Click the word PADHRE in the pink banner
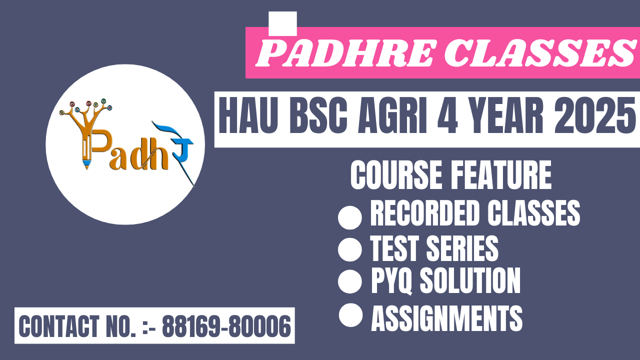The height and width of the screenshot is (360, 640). click(x=345, y=53)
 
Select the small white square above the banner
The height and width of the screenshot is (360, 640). click(x=282, y=23)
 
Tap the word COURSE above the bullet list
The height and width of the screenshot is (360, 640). click(x=396, y=175)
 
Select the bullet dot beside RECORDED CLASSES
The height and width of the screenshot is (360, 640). click(x=349, y=217)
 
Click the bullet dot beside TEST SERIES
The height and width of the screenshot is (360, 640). click(x=349, y=249)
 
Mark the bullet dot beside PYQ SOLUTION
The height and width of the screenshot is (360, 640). click(x=349, y=281)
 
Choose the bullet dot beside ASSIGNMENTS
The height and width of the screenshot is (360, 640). click(x=350, y=315)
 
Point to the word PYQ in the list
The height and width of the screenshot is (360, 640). click(x=391, y=280)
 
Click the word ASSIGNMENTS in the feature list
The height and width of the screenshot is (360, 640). click(x=447, y=318)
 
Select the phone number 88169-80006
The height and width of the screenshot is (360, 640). click(x=226, y=326)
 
